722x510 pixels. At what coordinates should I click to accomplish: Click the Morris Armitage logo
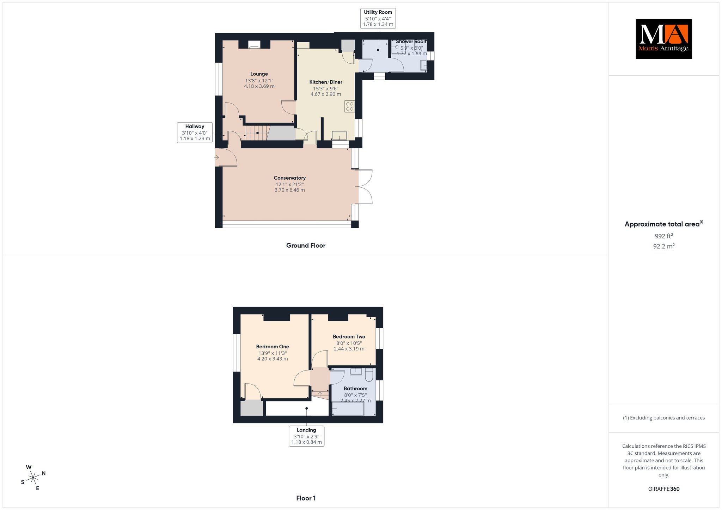click(x=664, y=39)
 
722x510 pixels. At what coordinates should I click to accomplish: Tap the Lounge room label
click(x=259, y=74)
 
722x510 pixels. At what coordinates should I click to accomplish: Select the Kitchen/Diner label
click(x=326, y=82)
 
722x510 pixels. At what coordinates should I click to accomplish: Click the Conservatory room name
click(x=290, y=178)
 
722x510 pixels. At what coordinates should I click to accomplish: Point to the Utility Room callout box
click(x=378, y=18)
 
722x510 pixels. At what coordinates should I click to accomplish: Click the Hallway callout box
click(x=195, y=132)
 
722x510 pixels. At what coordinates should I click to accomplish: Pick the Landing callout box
click(x=306, y=436)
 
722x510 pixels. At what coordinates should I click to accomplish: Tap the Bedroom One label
click(x=273, y=347)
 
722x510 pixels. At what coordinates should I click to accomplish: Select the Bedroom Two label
click(x=349, y=337)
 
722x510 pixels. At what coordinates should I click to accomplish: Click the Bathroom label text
click(x=355, y=388)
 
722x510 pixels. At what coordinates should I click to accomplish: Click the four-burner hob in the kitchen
click(x=350, y=106)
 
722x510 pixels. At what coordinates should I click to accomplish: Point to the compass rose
click(x=33, y=478)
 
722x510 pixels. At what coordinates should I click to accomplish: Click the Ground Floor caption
click(x=306, y=245)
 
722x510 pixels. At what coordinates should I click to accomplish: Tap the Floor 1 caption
click(x=306, y=498)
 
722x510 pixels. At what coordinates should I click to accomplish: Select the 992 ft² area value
click(x=664, y=236)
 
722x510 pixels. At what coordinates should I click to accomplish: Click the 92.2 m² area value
click(x=664, y=246)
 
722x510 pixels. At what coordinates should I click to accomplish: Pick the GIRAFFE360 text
click(x=664, y=489)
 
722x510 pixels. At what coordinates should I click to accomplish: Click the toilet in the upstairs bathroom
click(x=369, y=375)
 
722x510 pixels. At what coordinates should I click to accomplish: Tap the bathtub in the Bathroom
click(x=348, y=409)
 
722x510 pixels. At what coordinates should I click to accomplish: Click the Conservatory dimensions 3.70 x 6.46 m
click(x=290, y=190)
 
